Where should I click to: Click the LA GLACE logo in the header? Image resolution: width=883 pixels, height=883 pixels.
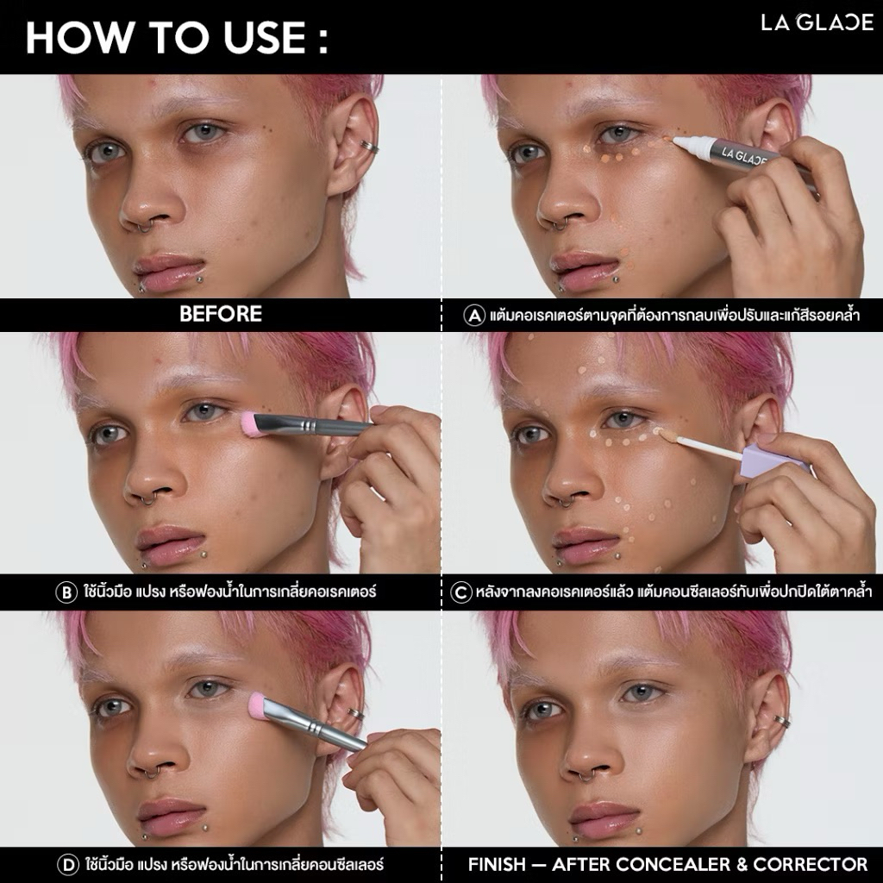(817, 22)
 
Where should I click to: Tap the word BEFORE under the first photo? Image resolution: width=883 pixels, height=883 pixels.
(221, 314)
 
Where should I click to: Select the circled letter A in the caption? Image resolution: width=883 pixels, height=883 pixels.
(474, 315)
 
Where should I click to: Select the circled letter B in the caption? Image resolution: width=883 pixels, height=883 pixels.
(66, 592)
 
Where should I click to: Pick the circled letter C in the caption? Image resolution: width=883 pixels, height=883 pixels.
(461, 592)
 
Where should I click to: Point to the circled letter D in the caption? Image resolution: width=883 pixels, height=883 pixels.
(68, 864)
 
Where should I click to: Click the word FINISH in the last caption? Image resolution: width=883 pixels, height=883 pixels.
(497, 864)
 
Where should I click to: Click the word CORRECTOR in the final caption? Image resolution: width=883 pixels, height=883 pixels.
(811, 864)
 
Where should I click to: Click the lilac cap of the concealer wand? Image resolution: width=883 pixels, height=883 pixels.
(774, 460)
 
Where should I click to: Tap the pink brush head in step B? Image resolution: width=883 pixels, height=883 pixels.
(250, 423)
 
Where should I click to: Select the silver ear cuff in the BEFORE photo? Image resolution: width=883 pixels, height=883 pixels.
(369, 147)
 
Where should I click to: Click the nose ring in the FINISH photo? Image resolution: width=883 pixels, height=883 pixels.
(586, 777)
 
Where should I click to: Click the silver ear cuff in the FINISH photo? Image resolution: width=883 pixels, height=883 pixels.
(781, 722)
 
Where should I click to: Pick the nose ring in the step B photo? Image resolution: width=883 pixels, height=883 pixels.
(148, 499)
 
